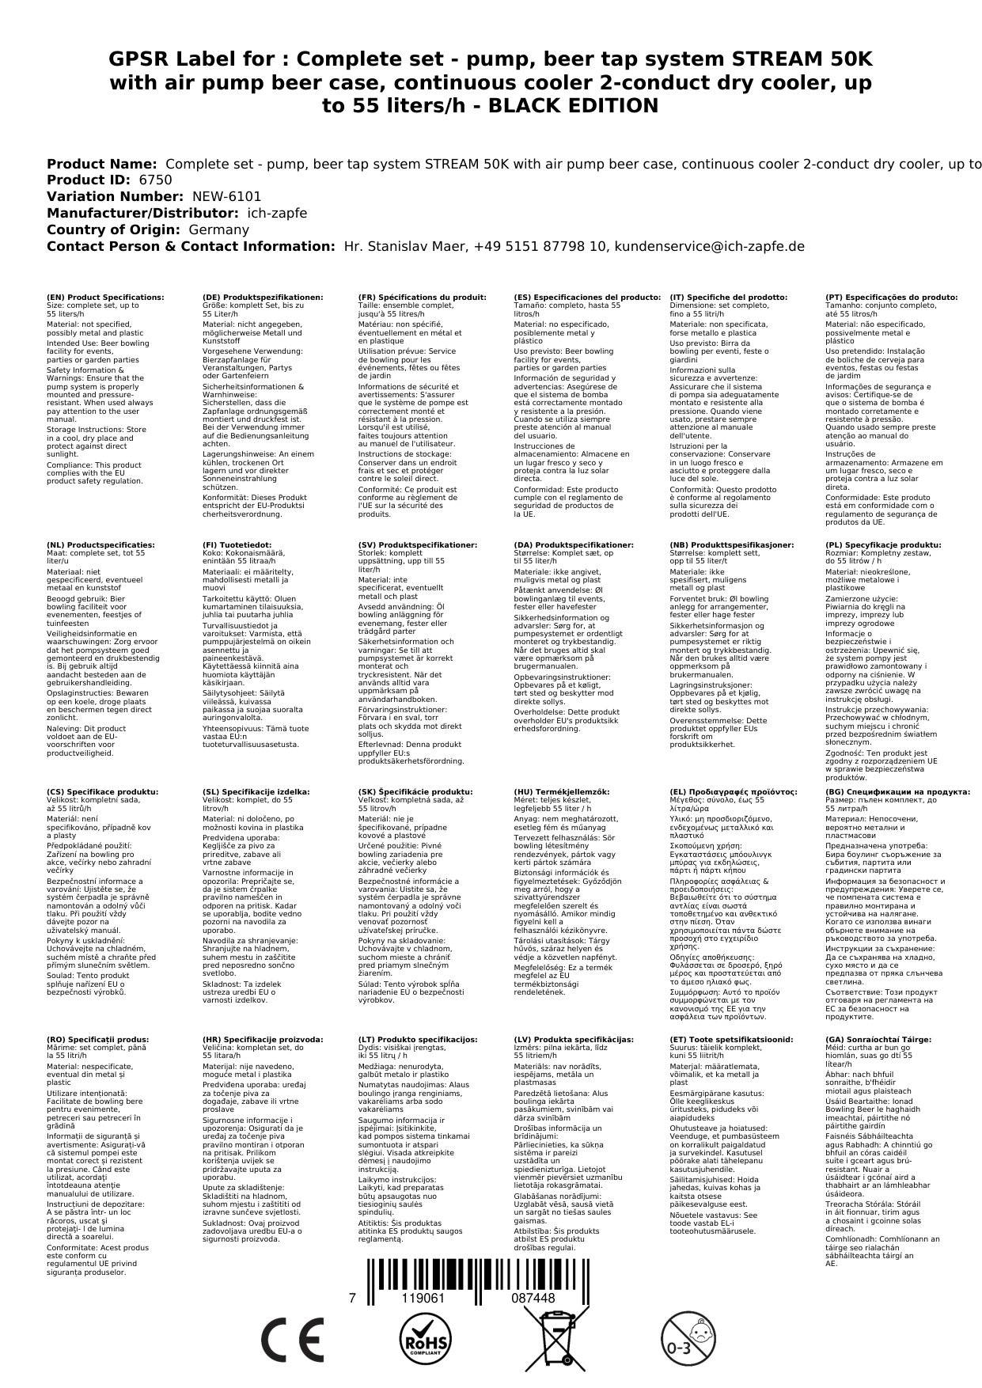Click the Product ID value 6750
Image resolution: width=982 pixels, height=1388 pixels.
[x=155, y=180]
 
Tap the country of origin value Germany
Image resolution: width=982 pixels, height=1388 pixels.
[x=218, y=229]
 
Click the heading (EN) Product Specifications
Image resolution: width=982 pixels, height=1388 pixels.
[x=106, y=298]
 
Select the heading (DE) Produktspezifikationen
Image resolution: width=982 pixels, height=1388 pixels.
[x=263, y=298]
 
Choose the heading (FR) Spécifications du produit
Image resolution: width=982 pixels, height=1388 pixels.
[x=422, y=298]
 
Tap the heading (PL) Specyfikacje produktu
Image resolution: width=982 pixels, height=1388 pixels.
[x=883, y=545]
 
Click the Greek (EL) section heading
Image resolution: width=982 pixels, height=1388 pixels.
[x=734, y=792]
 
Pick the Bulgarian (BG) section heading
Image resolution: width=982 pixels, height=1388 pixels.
[x=897, y=792]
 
